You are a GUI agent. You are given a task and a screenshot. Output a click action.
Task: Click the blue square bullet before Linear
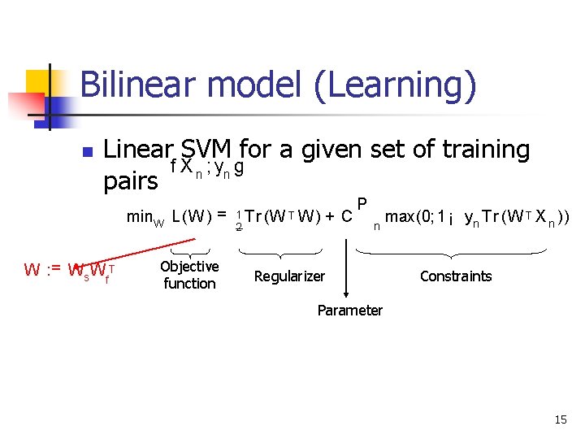click(x=88, y=152)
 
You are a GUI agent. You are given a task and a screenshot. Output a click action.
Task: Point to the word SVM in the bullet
click(x=206, y=150)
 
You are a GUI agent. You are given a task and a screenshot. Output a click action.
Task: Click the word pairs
click(x=131, y=181)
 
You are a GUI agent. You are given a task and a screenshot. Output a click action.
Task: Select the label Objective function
click(x=189, y=275)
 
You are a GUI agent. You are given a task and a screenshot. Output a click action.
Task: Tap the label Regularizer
click(x=289, y=276)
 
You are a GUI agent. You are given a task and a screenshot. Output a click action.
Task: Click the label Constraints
click(x=456, y=276)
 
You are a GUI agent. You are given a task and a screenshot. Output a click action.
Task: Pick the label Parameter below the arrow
click(x=349, y=310)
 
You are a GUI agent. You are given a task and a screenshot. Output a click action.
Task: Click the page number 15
click(x=560, y=419)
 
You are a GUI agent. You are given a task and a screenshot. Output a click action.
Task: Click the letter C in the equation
click(x=346, y=217)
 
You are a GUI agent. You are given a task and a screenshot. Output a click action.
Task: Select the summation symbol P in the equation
click(x=362, y=203)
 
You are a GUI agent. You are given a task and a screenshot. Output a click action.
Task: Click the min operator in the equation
click(x=145, y=217)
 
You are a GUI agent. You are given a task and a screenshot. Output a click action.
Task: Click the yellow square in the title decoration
click(x=38, y=82)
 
